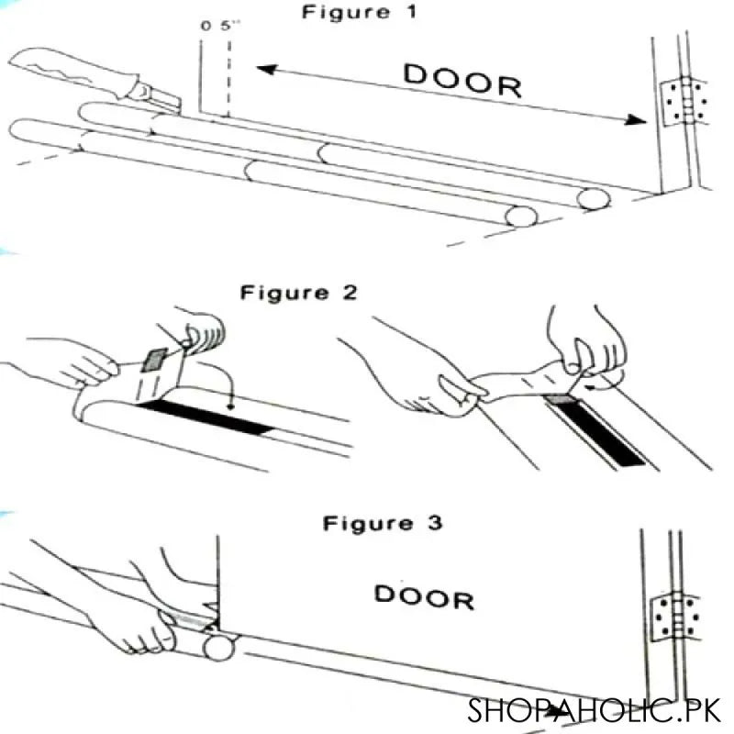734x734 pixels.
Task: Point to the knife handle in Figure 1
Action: pyautogui.click(x=73, y=69)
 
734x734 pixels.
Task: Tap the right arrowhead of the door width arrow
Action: pyautogui.click(x=635, y=119)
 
